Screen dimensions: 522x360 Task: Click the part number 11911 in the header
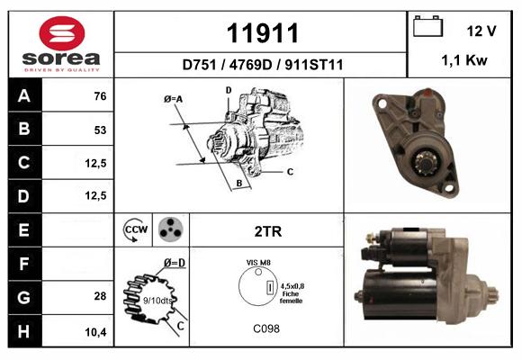click(262, 33)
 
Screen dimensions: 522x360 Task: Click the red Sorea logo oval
click(62, 33)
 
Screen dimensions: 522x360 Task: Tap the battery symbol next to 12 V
click(427, 26)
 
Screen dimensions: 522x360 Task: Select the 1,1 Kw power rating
click(464, 60)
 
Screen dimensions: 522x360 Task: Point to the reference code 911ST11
click(313, 65)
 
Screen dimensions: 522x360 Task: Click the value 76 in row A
click(100, 96)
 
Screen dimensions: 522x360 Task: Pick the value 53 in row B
click(100, 130)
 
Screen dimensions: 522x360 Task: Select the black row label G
click(25, 297)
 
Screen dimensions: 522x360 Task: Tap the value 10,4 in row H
click(95, 332)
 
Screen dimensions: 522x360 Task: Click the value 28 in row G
click(100, 296)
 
